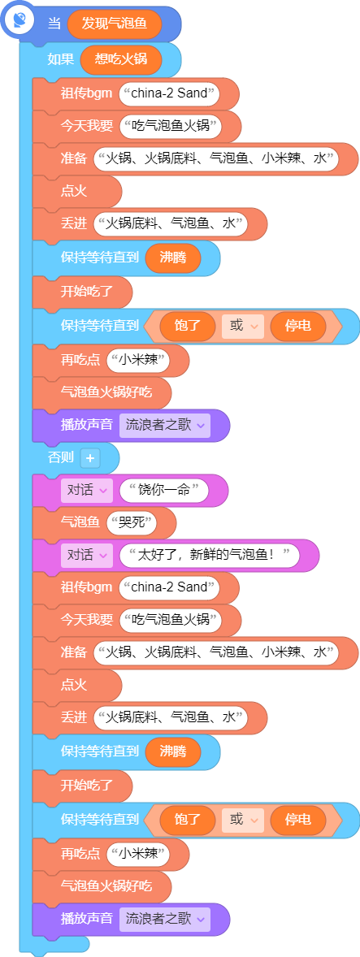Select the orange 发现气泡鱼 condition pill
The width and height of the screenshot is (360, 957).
pos(115,24)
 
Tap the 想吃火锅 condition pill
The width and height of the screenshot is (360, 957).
pos(122,59)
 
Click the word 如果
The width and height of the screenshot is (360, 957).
pos(61,59)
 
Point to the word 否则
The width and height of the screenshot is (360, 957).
pos(61,457)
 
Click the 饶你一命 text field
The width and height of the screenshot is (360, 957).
pos(165,490)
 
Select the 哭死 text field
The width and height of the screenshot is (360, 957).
pos(131,522)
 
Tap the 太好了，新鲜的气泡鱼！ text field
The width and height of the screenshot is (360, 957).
pos(210,556)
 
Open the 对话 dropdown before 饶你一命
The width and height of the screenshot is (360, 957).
pos(87,490)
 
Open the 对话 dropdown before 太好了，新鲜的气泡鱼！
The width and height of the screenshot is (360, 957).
pos(87,556)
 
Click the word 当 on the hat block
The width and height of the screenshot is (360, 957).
pos(54,24)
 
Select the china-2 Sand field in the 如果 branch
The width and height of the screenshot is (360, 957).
pos(170,94)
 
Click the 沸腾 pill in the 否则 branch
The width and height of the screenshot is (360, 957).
pos(173,751)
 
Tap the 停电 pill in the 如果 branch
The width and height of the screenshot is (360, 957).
pos(297,326)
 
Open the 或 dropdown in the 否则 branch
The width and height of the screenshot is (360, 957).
pos(243,818)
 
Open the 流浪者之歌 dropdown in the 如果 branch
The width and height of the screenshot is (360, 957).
pos(165,425)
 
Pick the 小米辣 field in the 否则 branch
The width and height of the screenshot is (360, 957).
pos(138,853)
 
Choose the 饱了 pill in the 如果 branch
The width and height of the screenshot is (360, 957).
pos(188,326)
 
